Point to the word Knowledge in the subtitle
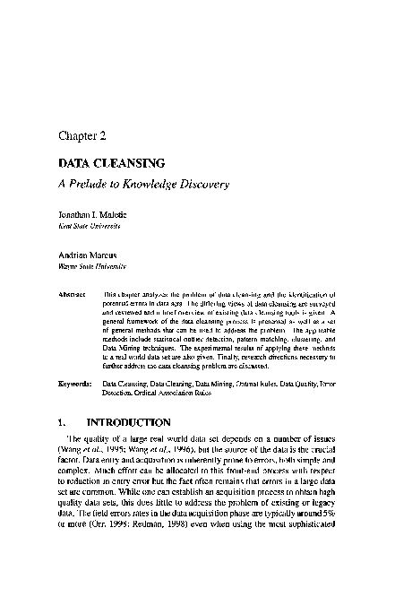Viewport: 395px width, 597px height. coord(159,185)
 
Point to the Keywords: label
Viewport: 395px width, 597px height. coord(74,382)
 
